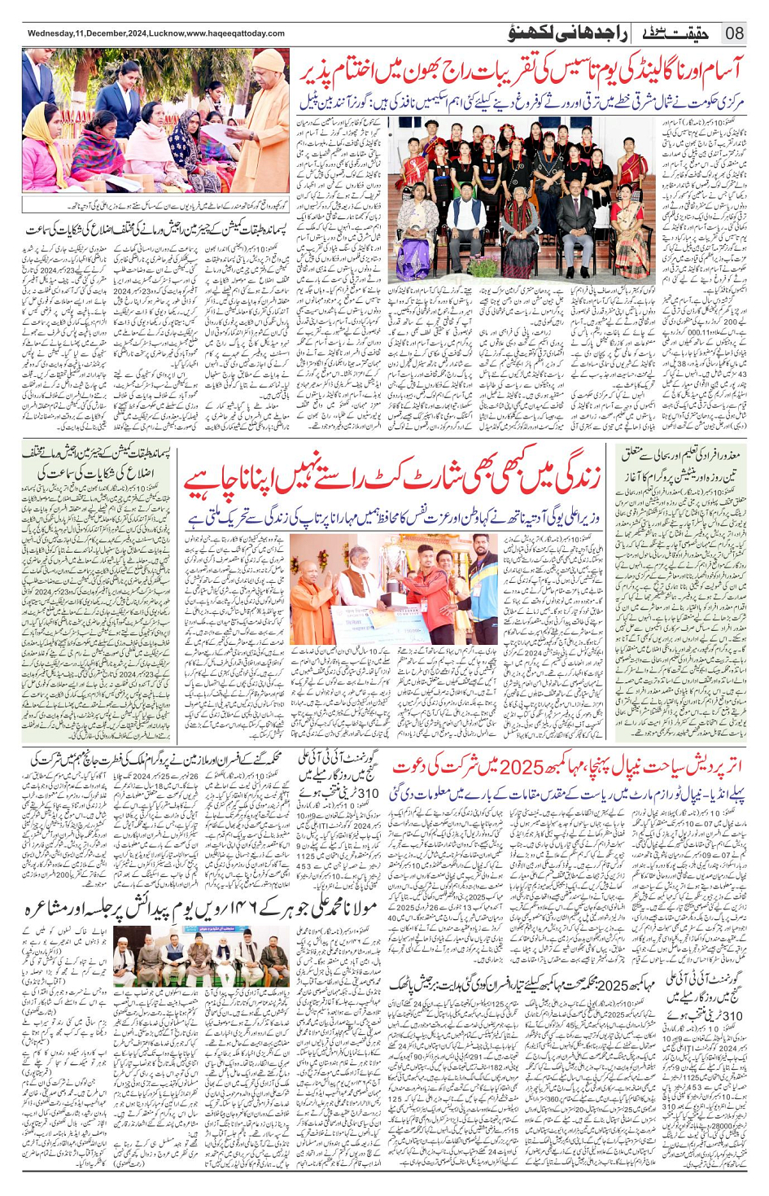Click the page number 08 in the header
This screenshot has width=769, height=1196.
tap(734, 33)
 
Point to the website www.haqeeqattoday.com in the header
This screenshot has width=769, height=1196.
tap(235, 34)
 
